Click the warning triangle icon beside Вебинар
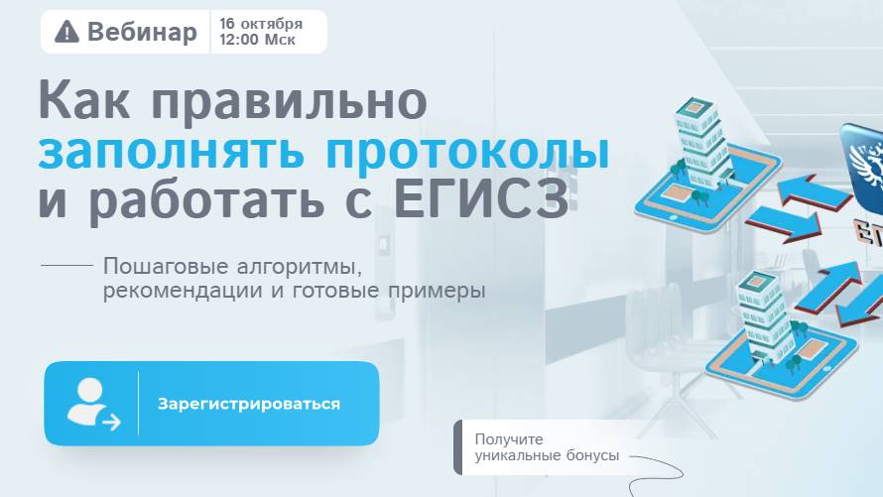tap(66, 32)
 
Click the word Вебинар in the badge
tap(142, 32)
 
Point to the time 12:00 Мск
tap(258, 41)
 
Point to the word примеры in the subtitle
tap(436, 292)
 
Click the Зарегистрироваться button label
tap(249, 404)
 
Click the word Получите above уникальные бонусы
tap(509, 439)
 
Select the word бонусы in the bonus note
tap(590, 455)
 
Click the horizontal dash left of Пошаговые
tap(65, 267)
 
